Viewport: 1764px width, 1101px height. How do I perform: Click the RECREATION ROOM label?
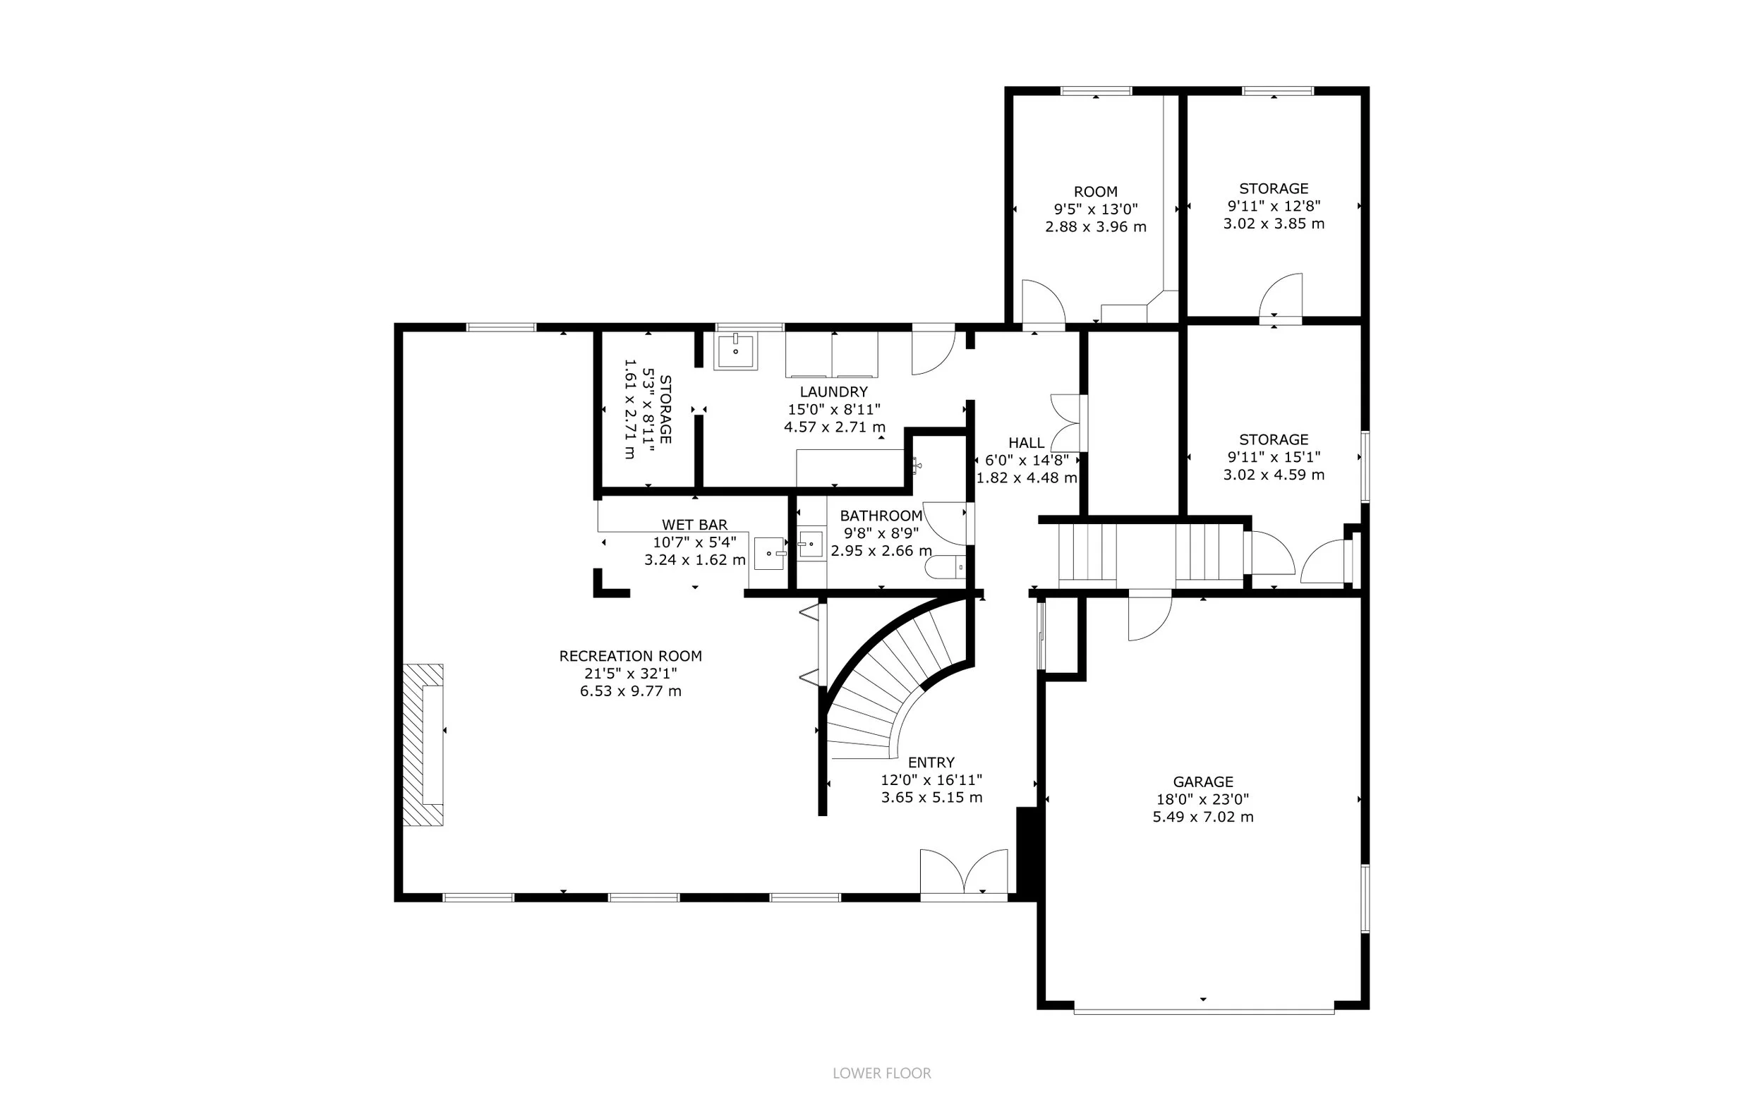click(x=630, y=656)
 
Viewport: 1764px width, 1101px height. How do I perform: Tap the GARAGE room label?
click(x=1202, y=781)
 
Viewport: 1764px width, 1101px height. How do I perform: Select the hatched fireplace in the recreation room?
click(x=424, y=744)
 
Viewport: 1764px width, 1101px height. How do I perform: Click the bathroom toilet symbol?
click(x=945, y=566)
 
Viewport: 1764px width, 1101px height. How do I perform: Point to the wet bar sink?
click(x=769, y=554)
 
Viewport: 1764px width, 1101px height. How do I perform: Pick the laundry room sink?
click(x=737, y=351)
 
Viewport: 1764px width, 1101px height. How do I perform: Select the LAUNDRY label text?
click(x=834, y=391)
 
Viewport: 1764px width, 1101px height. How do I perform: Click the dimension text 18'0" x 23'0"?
click(x=1202, y=799)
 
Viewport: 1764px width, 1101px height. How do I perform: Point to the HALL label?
click(x=1026, y=443)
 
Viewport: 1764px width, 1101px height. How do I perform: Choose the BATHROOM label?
click(x=881, y=516)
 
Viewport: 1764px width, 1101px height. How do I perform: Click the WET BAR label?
click(x=694, y=524)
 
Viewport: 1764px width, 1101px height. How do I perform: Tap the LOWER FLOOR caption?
click(x=882, y=1073)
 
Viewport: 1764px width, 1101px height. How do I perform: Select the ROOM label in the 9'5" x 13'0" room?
click(x=1095, y=192)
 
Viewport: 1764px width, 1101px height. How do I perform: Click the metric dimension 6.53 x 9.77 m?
click(x=630, y=691)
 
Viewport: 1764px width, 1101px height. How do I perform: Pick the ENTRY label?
click(x=931, y=762)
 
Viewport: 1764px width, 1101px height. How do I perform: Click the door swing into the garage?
click(x=1149, y=619)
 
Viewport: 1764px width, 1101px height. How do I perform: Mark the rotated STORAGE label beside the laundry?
click(x=665, y=409)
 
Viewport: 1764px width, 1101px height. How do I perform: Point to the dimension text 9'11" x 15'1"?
click(x=1274, y=457)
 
